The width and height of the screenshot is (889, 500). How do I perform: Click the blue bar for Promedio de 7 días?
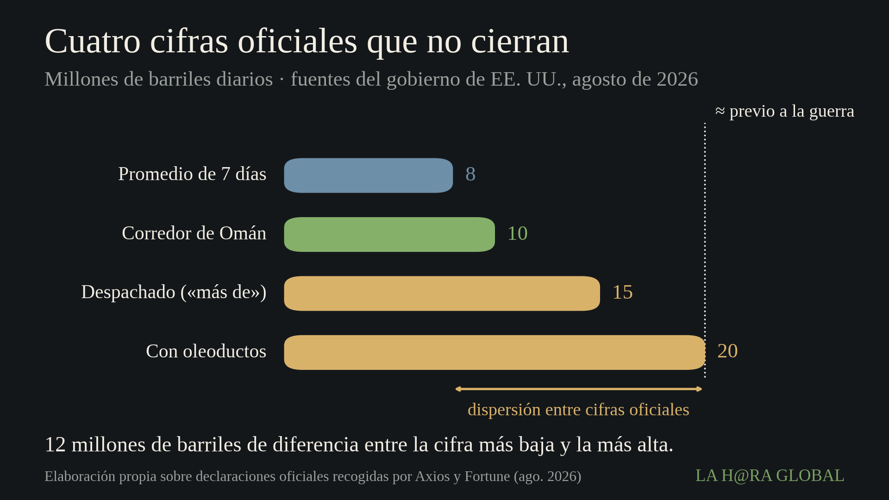pyautogui.click(x=368, y=175)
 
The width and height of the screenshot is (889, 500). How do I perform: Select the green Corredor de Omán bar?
pyautogui.click(x=389, y=234)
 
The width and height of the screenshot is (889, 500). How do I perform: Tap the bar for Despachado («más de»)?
pyautogui.click(x=442, y=294)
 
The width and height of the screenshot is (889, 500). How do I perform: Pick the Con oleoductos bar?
pyautogui.click(x=495, y=352)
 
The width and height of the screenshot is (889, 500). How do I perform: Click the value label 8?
pyautogui.click(x=470, y=175)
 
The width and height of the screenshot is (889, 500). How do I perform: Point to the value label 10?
pyautogui.click(x=518, y=233)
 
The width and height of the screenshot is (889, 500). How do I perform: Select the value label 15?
pyautogui.click(x=623, y=292)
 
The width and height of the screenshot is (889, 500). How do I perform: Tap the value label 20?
pyautogui.click(x=727, y=351)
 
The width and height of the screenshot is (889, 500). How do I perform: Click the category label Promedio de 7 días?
pyautogui.click(x=192, y=174)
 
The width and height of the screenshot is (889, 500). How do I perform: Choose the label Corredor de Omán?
pyautogui.click(x=194, y=233)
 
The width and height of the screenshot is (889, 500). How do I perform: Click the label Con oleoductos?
pyautogui.click(x=206, y=351)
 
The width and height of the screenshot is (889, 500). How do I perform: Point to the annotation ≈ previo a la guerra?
pyautogui.click(x=785, y=111)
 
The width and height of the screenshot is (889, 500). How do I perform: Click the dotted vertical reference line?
pyautogui.click(x=705, y=250)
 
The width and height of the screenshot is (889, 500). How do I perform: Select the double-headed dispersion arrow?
pyautogui.click(x=579, y=389)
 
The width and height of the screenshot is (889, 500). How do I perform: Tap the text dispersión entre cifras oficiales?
pyautogui.click(x=578, y=410)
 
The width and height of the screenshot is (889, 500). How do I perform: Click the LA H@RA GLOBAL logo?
pyautogui.click(x=770, y=475)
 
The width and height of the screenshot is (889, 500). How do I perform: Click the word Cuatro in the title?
pyautogui.click(x=93, y=41)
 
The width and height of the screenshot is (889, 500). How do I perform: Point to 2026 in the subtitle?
pyautogui.click(x=677, y=79)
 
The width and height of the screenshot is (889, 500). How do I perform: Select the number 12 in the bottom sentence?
pyautogui.click(x=55, y=445)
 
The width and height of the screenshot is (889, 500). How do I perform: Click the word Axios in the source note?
pyautogui.click(x=432, y=476)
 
